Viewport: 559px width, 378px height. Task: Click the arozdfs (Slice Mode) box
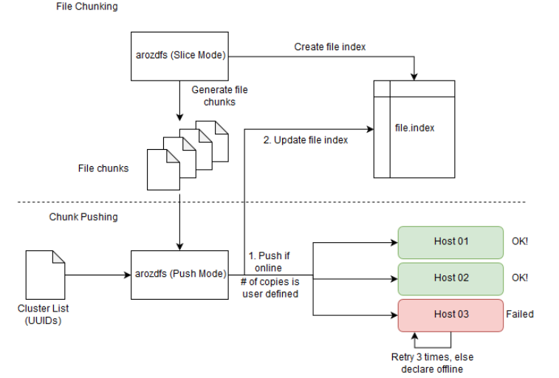[179, 56]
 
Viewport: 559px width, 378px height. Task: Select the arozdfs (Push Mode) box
[179, 274]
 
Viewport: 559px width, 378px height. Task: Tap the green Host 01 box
[450, 241]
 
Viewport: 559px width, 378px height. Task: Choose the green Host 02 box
[450, 278]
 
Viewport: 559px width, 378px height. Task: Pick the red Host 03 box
[450, 314]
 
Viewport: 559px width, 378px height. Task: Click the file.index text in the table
[414, 128]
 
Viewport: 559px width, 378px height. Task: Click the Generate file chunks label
[219, 95]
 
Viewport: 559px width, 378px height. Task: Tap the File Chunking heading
[86, 7]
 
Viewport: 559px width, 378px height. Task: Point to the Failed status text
[520, 314]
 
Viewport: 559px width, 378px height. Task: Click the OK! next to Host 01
[520, 241]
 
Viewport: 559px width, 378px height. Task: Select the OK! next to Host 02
[520, 278]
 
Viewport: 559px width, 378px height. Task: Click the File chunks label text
[103, 168]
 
